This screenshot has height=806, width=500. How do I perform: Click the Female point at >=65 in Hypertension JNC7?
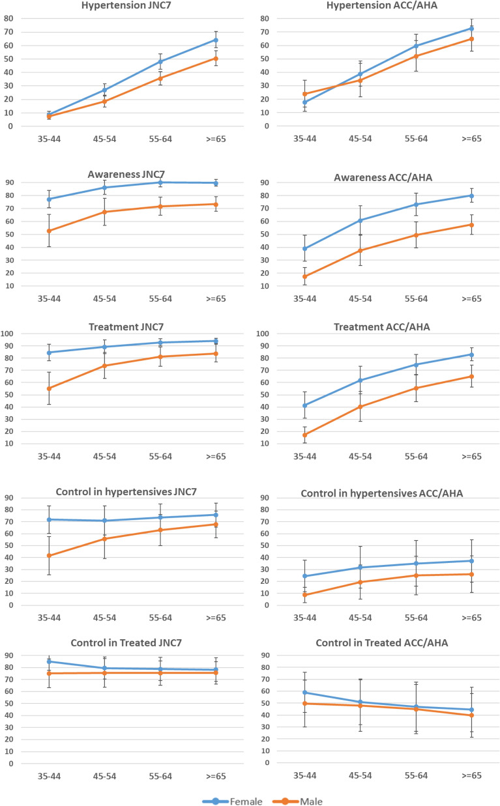click(216, 40)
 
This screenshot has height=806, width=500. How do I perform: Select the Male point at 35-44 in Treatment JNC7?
click(49, 388)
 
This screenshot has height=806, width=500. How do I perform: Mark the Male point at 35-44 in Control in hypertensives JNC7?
click(49, 555)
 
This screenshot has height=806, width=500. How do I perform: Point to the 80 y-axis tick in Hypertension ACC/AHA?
click(265, 18)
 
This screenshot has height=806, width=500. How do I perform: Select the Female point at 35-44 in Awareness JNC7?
click(49, 199)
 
